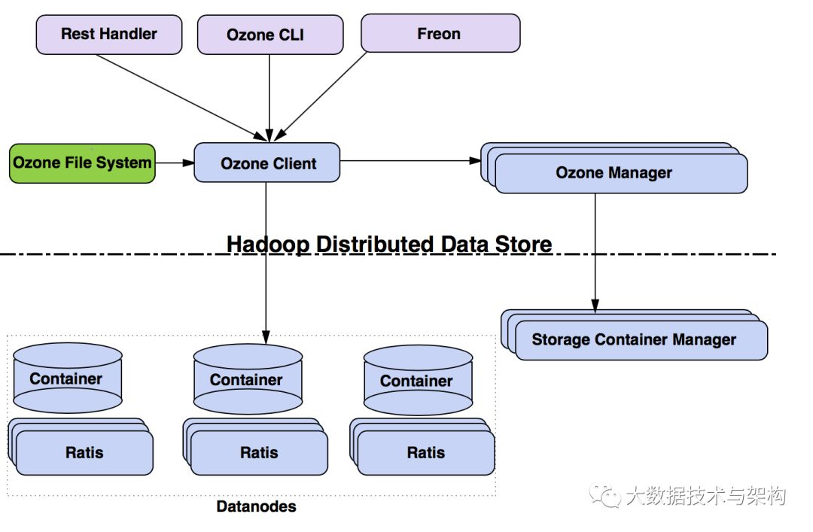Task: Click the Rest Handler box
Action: pos(109,35)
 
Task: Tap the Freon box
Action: pos(440,35)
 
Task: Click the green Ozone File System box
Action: pos(82,163)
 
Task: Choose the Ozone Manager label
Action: pos(614,173)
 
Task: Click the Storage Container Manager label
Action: pos(634,340)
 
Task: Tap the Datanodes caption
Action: pos(256,506)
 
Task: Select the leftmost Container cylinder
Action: pos(68,378)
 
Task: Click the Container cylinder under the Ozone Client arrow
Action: pos(247,379)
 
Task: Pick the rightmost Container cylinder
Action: pos(417,381)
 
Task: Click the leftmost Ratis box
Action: pos(84,453)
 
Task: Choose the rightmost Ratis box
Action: pos(426,453)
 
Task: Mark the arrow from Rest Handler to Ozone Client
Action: pos(181,96)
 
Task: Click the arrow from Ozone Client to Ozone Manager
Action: pos(410,161)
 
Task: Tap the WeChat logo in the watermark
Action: pos(606,495)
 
